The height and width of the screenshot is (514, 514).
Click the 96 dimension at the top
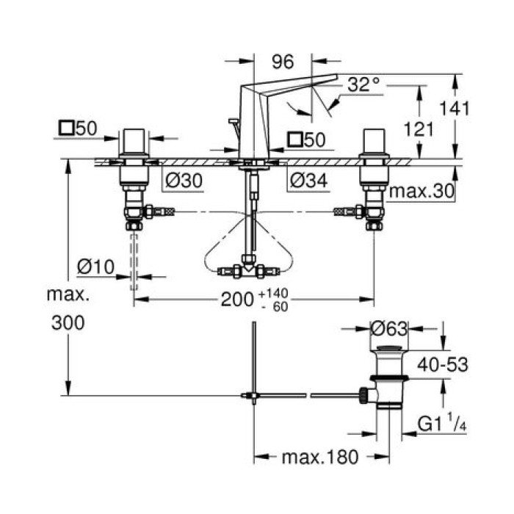click(283, 63)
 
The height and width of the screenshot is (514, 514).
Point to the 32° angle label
click(364, 84)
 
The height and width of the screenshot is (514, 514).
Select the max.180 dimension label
click(320, 458)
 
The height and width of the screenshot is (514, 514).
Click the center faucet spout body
click(253, 117)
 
